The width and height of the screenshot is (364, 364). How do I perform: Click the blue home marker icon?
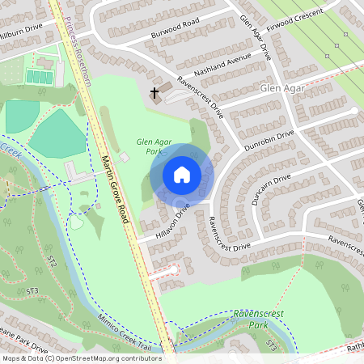tap(182, 174)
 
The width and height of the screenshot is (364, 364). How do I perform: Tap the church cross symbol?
tap(154, 94)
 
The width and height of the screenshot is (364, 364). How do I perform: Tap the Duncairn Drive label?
tap(270, 189)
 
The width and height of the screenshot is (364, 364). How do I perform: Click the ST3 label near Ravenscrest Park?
tap(273, 346)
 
